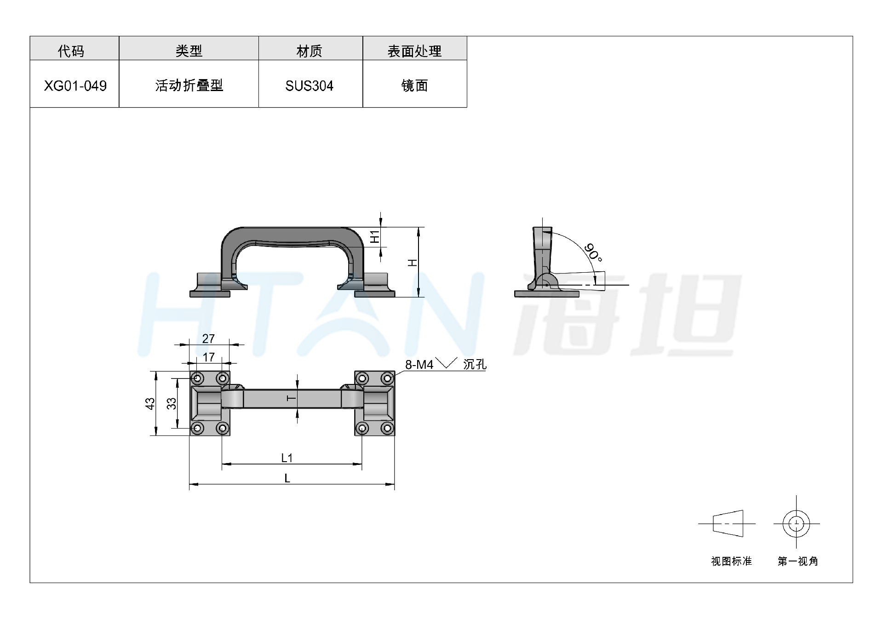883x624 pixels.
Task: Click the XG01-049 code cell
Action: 75,86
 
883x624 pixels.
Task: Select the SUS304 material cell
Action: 309,86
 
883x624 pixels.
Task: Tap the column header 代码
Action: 71,51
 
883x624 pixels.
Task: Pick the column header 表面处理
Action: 414,51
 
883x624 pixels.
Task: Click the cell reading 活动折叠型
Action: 189,86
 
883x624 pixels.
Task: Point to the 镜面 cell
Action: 414,86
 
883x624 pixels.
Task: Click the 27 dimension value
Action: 208,339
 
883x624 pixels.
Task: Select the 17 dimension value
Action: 208,357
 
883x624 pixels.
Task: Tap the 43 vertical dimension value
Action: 150,404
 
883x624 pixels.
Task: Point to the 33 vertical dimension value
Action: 171,404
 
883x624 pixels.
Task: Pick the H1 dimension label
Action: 375,236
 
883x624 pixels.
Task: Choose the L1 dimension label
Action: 287,458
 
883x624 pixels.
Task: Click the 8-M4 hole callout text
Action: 419,365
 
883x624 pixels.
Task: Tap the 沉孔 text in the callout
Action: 475,364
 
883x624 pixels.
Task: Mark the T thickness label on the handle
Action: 291,398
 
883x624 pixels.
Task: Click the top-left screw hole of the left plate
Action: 197,378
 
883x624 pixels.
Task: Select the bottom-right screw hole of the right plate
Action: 387,429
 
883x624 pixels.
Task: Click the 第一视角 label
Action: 798,561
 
